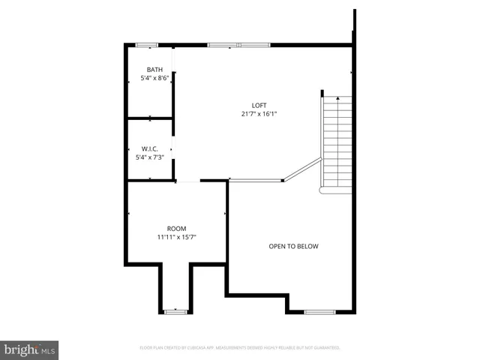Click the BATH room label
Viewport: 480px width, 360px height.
click(154, 70)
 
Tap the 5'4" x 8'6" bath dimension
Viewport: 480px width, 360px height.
click(154, 79)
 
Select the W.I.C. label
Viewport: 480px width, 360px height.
click(150, 148)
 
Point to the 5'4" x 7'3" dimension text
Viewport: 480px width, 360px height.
click(150, 157)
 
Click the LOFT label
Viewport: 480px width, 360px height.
click(259, 105)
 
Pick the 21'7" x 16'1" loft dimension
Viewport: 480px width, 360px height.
click(259, 114)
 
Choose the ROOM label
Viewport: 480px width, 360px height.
click(177, 228)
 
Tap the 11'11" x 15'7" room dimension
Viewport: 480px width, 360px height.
click(177, 237)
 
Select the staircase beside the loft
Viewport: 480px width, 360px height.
click(337, 142)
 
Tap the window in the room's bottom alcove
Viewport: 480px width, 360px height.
click(175, 311)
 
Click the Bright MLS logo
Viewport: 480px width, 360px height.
click(29, 349)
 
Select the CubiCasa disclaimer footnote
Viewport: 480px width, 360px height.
click(240, 348)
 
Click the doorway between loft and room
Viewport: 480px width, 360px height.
click(188, 181)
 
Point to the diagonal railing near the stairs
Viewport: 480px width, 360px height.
click(301, 169)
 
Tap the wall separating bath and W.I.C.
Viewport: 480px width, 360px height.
click(150, 118)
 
